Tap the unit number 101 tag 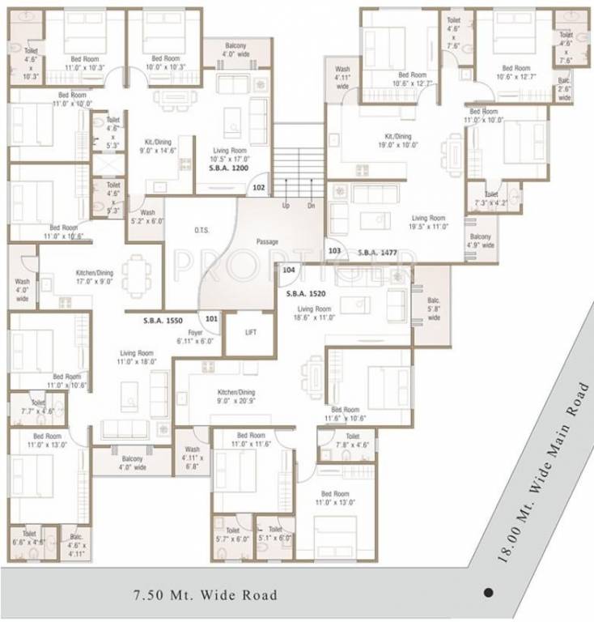212,319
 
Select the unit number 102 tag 259,187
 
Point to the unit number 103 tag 335,252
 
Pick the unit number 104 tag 289,271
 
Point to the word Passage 267,241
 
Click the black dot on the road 488,591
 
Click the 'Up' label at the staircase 286,206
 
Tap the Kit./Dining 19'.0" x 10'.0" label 397,141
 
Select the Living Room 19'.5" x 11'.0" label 428,223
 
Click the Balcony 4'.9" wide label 479,241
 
